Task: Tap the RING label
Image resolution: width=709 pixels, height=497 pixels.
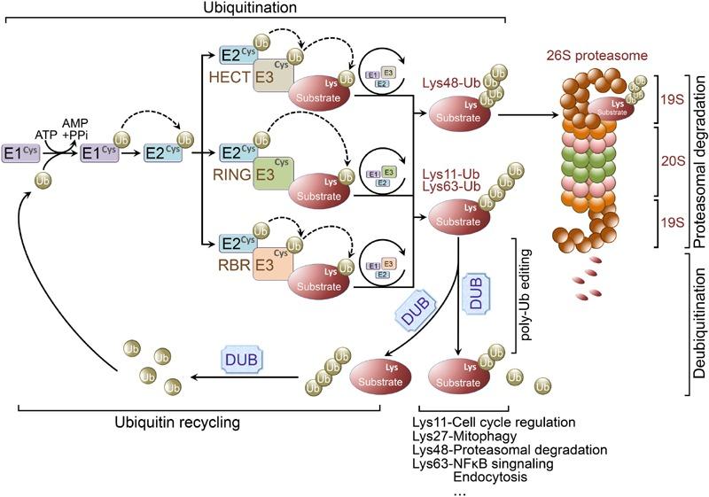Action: click(x=233, y=174)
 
